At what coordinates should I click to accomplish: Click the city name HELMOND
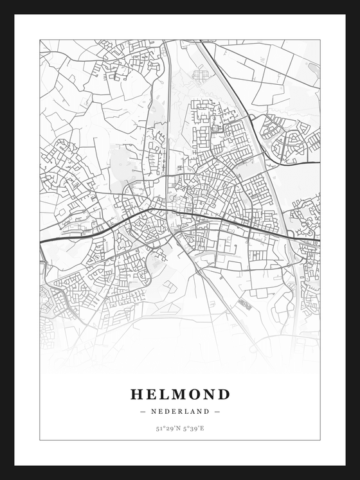tap(180, 394)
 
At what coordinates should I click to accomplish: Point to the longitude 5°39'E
tap(193, 427)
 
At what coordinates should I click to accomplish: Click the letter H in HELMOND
tap(137, 394)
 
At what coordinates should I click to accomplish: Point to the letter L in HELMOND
tap(165, 394)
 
